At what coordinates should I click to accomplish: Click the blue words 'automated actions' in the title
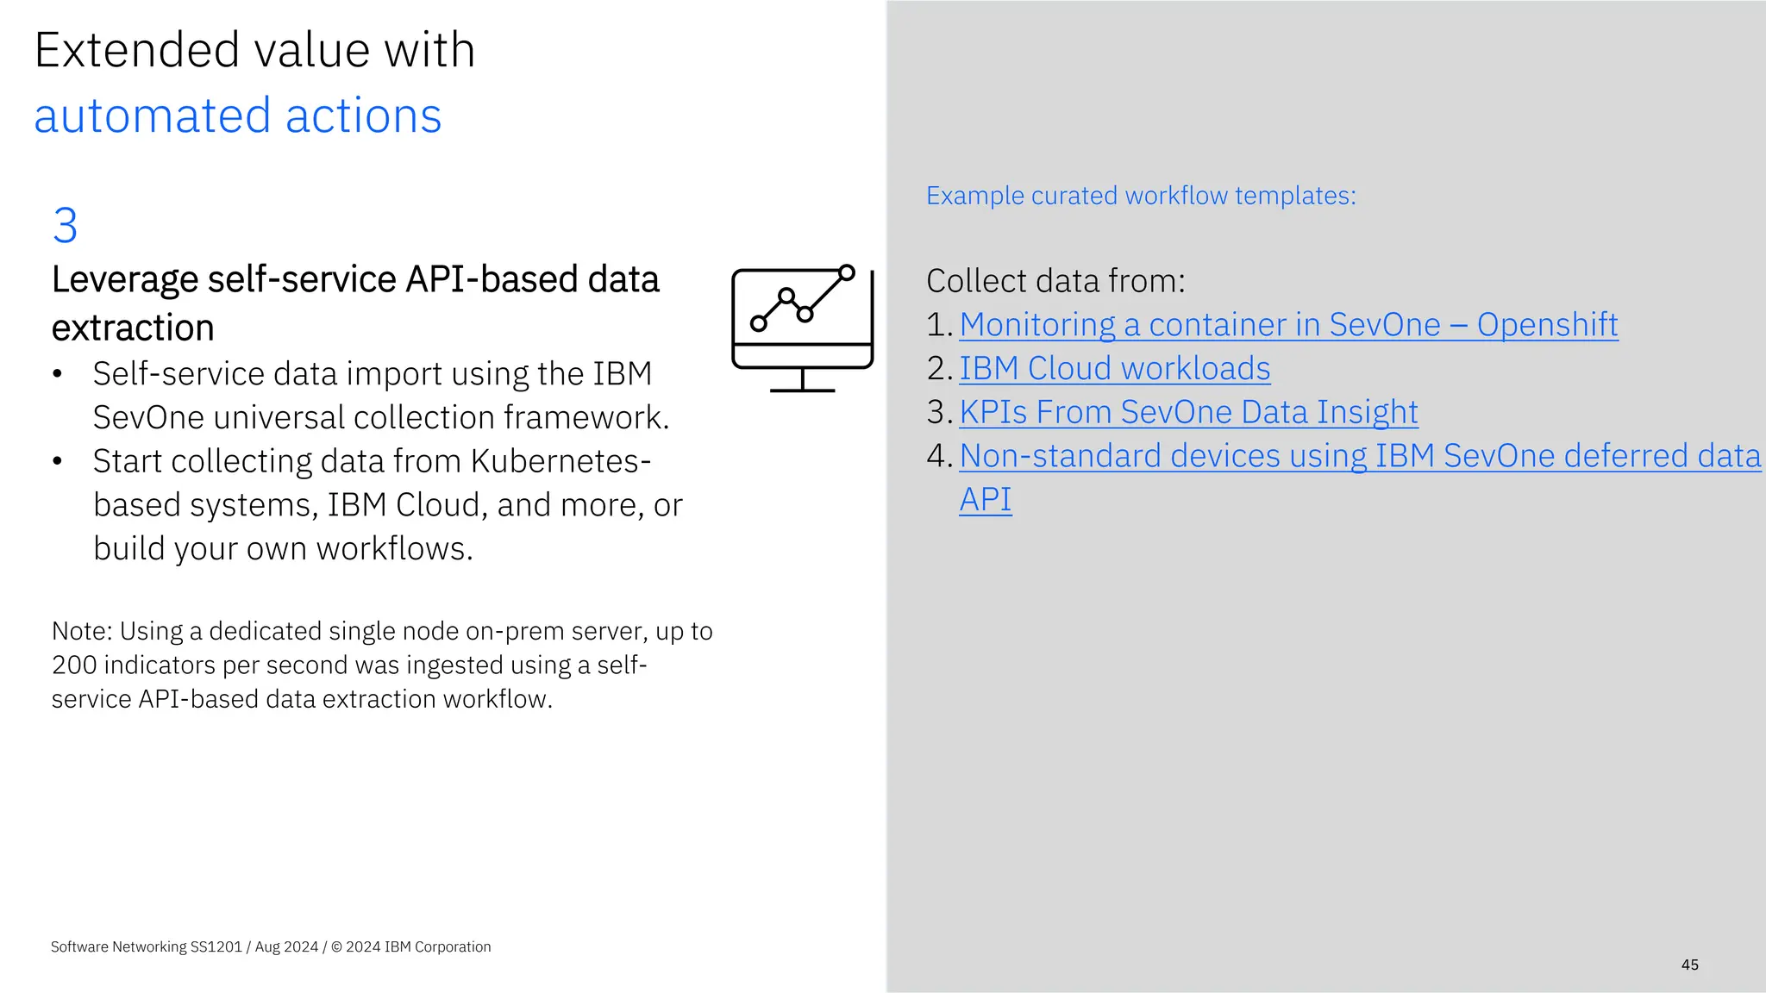pyautogui.click(x=237, y=116)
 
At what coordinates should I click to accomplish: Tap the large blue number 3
pyautogui.click(x=65, y=225)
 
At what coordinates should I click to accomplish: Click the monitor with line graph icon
pyautogui.click(x=802, y=328)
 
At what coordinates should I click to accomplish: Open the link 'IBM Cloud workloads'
pyautogui.click(x=1114, y=368)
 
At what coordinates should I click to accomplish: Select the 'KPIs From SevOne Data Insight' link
pyautogui.click(x=1188, y=412)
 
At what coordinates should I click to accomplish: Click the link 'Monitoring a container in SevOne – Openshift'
pyautogui.click(x=1288, y=325)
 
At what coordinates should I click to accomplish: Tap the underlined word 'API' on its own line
pyautogui.click(x=985, y=499)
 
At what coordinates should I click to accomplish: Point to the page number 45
pyautogui.click(x=1689, y=965)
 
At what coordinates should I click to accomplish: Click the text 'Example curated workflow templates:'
pyautogui.click(x=1140, y=196)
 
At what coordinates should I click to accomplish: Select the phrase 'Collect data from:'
pyautogui.click(x=1055, y=281)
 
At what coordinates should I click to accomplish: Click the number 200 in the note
pyautogui.click(x=73, y=665)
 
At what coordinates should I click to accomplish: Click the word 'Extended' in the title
pyautogui.click(x=136, y=50)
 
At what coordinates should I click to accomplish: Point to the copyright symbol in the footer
pyautogui.click(x=336, y=946)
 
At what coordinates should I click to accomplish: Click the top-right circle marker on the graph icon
pyautogui.click(x=847, y=272)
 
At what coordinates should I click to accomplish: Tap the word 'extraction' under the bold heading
pyautogui.click(x=133, y=328)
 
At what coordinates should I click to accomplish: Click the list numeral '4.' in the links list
pyautogui.click(x=939, y=456)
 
